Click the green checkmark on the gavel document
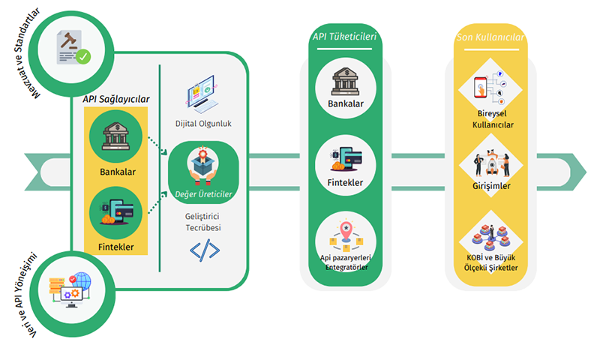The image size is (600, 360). [83, 56]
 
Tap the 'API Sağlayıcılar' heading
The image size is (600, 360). [116, 99]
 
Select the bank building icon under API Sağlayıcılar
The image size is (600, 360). [116, 136]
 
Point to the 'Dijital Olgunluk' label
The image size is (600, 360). [203, 124]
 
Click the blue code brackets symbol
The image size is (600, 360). [205, 250]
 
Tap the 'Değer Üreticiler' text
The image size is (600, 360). [203, 194]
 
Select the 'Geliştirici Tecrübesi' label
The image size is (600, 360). [202, 222]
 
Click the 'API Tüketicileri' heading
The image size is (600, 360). [344, 37]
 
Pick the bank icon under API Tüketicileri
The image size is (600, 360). [346, 82]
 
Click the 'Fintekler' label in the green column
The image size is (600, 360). [345, 182]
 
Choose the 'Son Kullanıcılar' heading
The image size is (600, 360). [490, 37]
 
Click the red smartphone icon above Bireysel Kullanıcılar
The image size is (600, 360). [481, 87]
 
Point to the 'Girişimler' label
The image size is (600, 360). [491, 186]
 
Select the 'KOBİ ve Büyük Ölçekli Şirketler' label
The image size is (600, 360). [491, 262]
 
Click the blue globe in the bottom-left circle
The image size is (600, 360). [82, 281]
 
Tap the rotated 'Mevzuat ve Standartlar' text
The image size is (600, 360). [26, 53]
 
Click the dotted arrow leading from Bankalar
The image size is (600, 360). [157, 145]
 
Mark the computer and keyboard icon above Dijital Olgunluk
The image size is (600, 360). [202, 94]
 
